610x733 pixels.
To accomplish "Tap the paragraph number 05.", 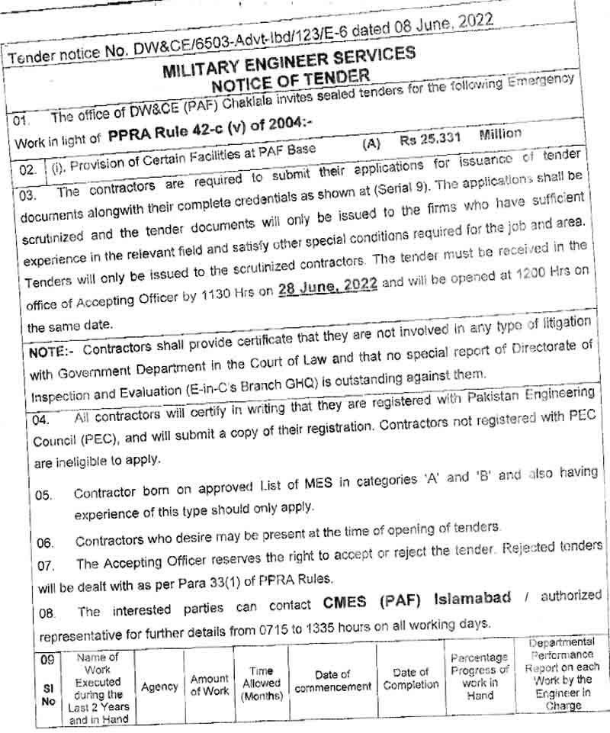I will click(44, 495).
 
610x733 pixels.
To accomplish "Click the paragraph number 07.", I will click(45, 565).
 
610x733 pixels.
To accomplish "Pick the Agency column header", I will click(159, 686).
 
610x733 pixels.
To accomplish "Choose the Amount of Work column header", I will click(209, 684).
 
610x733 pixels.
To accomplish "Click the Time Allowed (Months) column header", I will click(261, 683).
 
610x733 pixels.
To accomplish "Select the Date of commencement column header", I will click(333, 680).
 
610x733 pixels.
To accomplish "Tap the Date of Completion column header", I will click(411, 678).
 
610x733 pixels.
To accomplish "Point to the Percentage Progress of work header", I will click(478, 676).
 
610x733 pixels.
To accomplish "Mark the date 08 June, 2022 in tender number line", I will click(444, 24).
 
